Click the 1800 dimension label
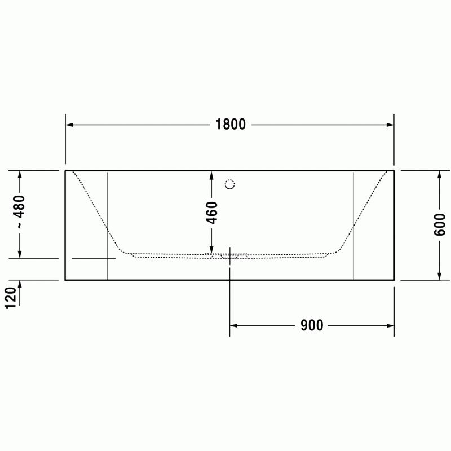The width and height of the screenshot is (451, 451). click(x=231, y=124)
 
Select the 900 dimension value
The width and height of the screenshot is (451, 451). click(x=312, y=325)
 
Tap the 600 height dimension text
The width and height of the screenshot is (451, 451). click(x=439, y=224)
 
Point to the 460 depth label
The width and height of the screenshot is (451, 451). click(x=212, y=213)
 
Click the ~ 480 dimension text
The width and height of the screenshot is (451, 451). click(x=20, y=212)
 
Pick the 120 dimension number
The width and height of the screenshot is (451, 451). click(x=11, y=298)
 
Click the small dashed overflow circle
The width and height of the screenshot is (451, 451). click(x=230, y=184)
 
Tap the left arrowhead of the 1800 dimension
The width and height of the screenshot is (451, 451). click(x=69, y=125)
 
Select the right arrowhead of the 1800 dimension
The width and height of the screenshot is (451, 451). click(x=390, y=125)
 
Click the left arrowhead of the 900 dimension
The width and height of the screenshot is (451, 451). click(x=233, y=326)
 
